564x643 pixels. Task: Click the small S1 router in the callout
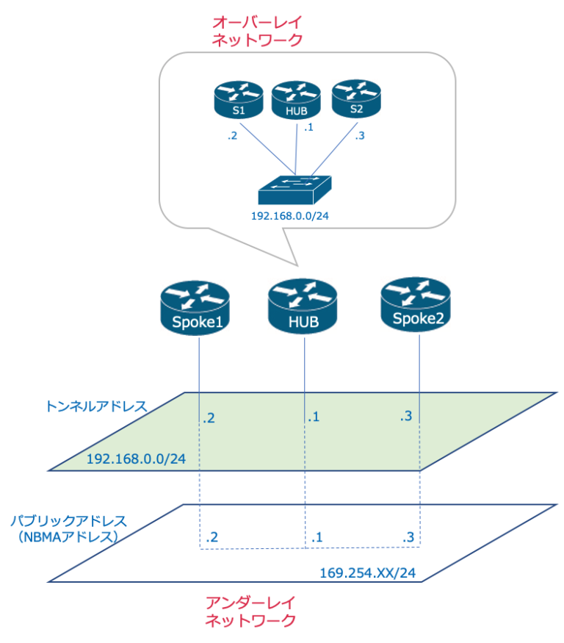[x=238, y=101]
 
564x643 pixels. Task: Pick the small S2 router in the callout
[x=357, y=99]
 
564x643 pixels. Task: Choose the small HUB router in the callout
[x=297, y=101]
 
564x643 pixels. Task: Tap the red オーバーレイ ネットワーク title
[x=256, y=31]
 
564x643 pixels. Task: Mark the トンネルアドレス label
[x=96, y=406]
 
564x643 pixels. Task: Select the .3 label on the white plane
[x=408, y=538]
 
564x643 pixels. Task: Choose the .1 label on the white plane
[x=316, y=538]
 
